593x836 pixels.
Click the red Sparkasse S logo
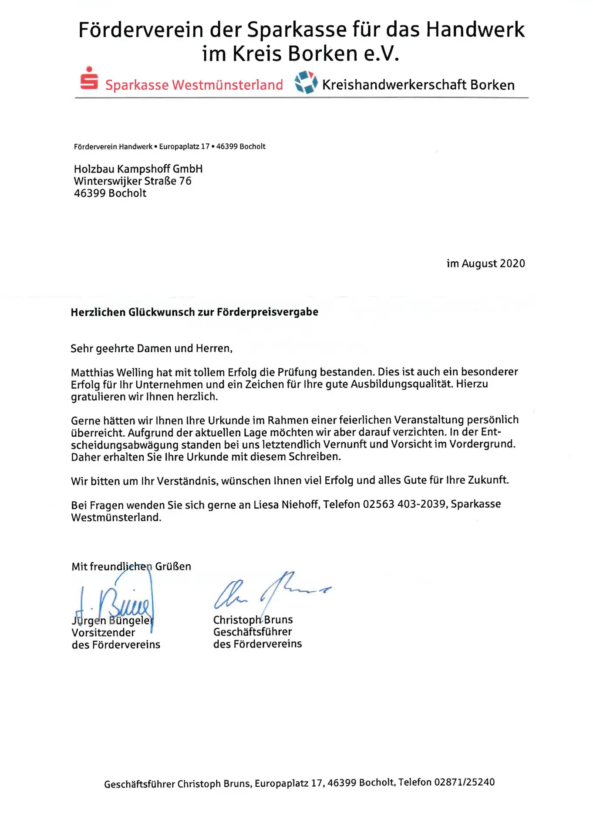click(x=89, y=79)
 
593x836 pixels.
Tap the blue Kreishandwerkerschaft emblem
click(x=306, y=82)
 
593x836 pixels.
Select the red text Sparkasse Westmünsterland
click(x=194, y=84)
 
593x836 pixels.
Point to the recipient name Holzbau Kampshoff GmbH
click(x=138, y=169)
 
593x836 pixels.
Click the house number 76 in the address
click(x=185, y=181)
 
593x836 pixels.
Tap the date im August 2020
click(x=485, y=263)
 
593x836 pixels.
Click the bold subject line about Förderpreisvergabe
click(x=194, y=312)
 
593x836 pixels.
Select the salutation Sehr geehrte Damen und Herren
click(x=152, y=348)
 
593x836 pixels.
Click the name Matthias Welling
click(x=112, y=373)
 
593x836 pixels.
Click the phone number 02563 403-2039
click(x=404, y=504)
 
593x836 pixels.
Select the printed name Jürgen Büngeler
click(x=113, y=620)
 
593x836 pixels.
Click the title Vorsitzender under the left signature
click(x=104, y=633)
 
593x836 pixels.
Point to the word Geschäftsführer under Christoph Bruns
click(x=253, y=632)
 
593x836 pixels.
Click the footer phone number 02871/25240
click(x=465, y=782)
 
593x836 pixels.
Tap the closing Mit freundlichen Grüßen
click(x=131, y=566)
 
